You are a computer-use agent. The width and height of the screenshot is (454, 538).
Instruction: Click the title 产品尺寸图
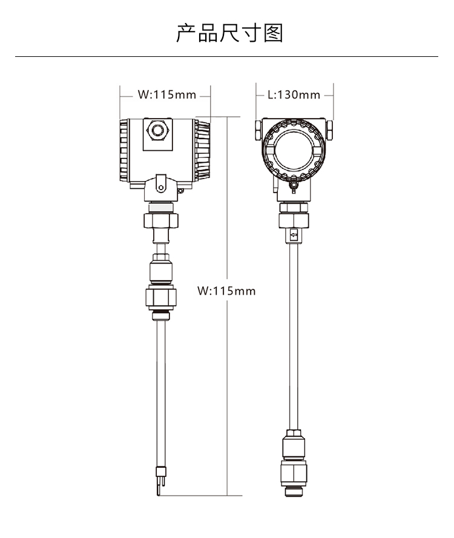[x=229, y=33]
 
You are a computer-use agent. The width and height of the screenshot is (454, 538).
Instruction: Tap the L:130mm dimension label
[x=294, y=94]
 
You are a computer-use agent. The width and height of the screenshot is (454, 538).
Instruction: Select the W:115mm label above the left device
[x=167, y=94]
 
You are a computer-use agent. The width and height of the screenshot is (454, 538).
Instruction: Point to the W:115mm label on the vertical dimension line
[x=226, y=291]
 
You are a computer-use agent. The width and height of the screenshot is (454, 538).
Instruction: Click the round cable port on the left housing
[x=157, y=130]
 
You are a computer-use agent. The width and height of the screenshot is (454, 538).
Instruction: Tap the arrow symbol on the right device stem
[x=294, y=236]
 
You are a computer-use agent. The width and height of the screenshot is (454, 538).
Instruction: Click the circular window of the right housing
[x=294, y=151]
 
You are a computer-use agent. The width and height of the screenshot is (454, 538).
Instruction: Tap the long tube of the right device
[x=294, y=336]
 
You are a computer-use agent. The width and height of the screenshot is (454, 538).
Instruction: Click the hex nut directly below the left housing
[x=161, y=220]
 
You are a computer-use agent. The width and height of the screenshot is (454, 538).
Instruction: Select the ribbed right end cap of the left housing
[x=202, y=150]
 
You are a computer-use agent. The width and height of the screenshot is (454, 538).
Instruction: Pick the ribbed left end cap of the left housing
[x=124, y=150]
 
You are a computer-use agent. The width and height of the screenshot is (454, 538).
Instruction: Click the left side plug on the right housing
[x=258, y=130]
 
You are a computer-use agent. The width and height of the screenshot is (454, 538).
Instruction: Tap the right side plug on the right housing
[x=329, y=130]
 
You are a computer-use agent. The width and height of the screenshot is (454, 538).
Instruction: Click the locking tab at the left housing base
[x=160, y=183]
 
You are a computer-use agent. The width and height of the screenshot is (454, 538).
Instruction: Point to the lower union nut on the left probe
[x=161, y=297]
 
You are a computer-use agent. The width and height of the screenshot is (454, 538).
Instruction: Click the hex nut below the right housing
[x=294, y=220]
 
